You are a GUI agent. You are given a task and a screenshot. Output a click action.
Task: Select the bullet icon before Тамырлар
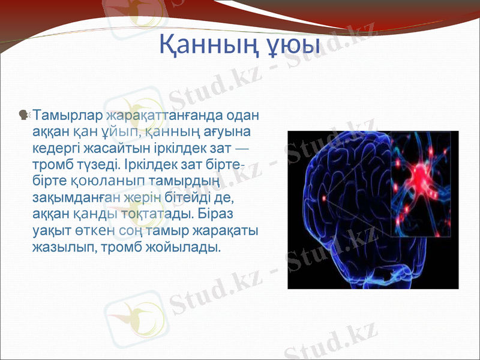(25, 114)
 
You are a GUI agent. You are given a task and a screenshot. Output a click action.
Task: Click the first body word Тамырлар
(67, 114)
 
